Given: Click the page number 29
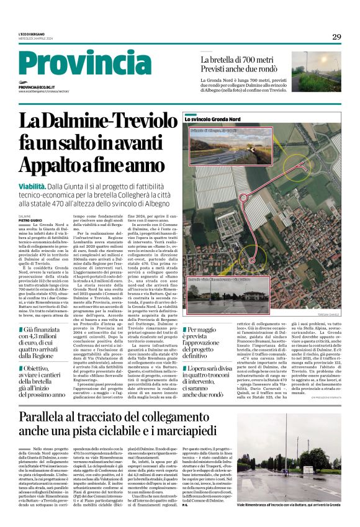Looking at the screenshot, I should tap(336, 37).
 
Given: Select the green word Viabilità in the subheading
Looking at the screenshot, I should tap(32, 186).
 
